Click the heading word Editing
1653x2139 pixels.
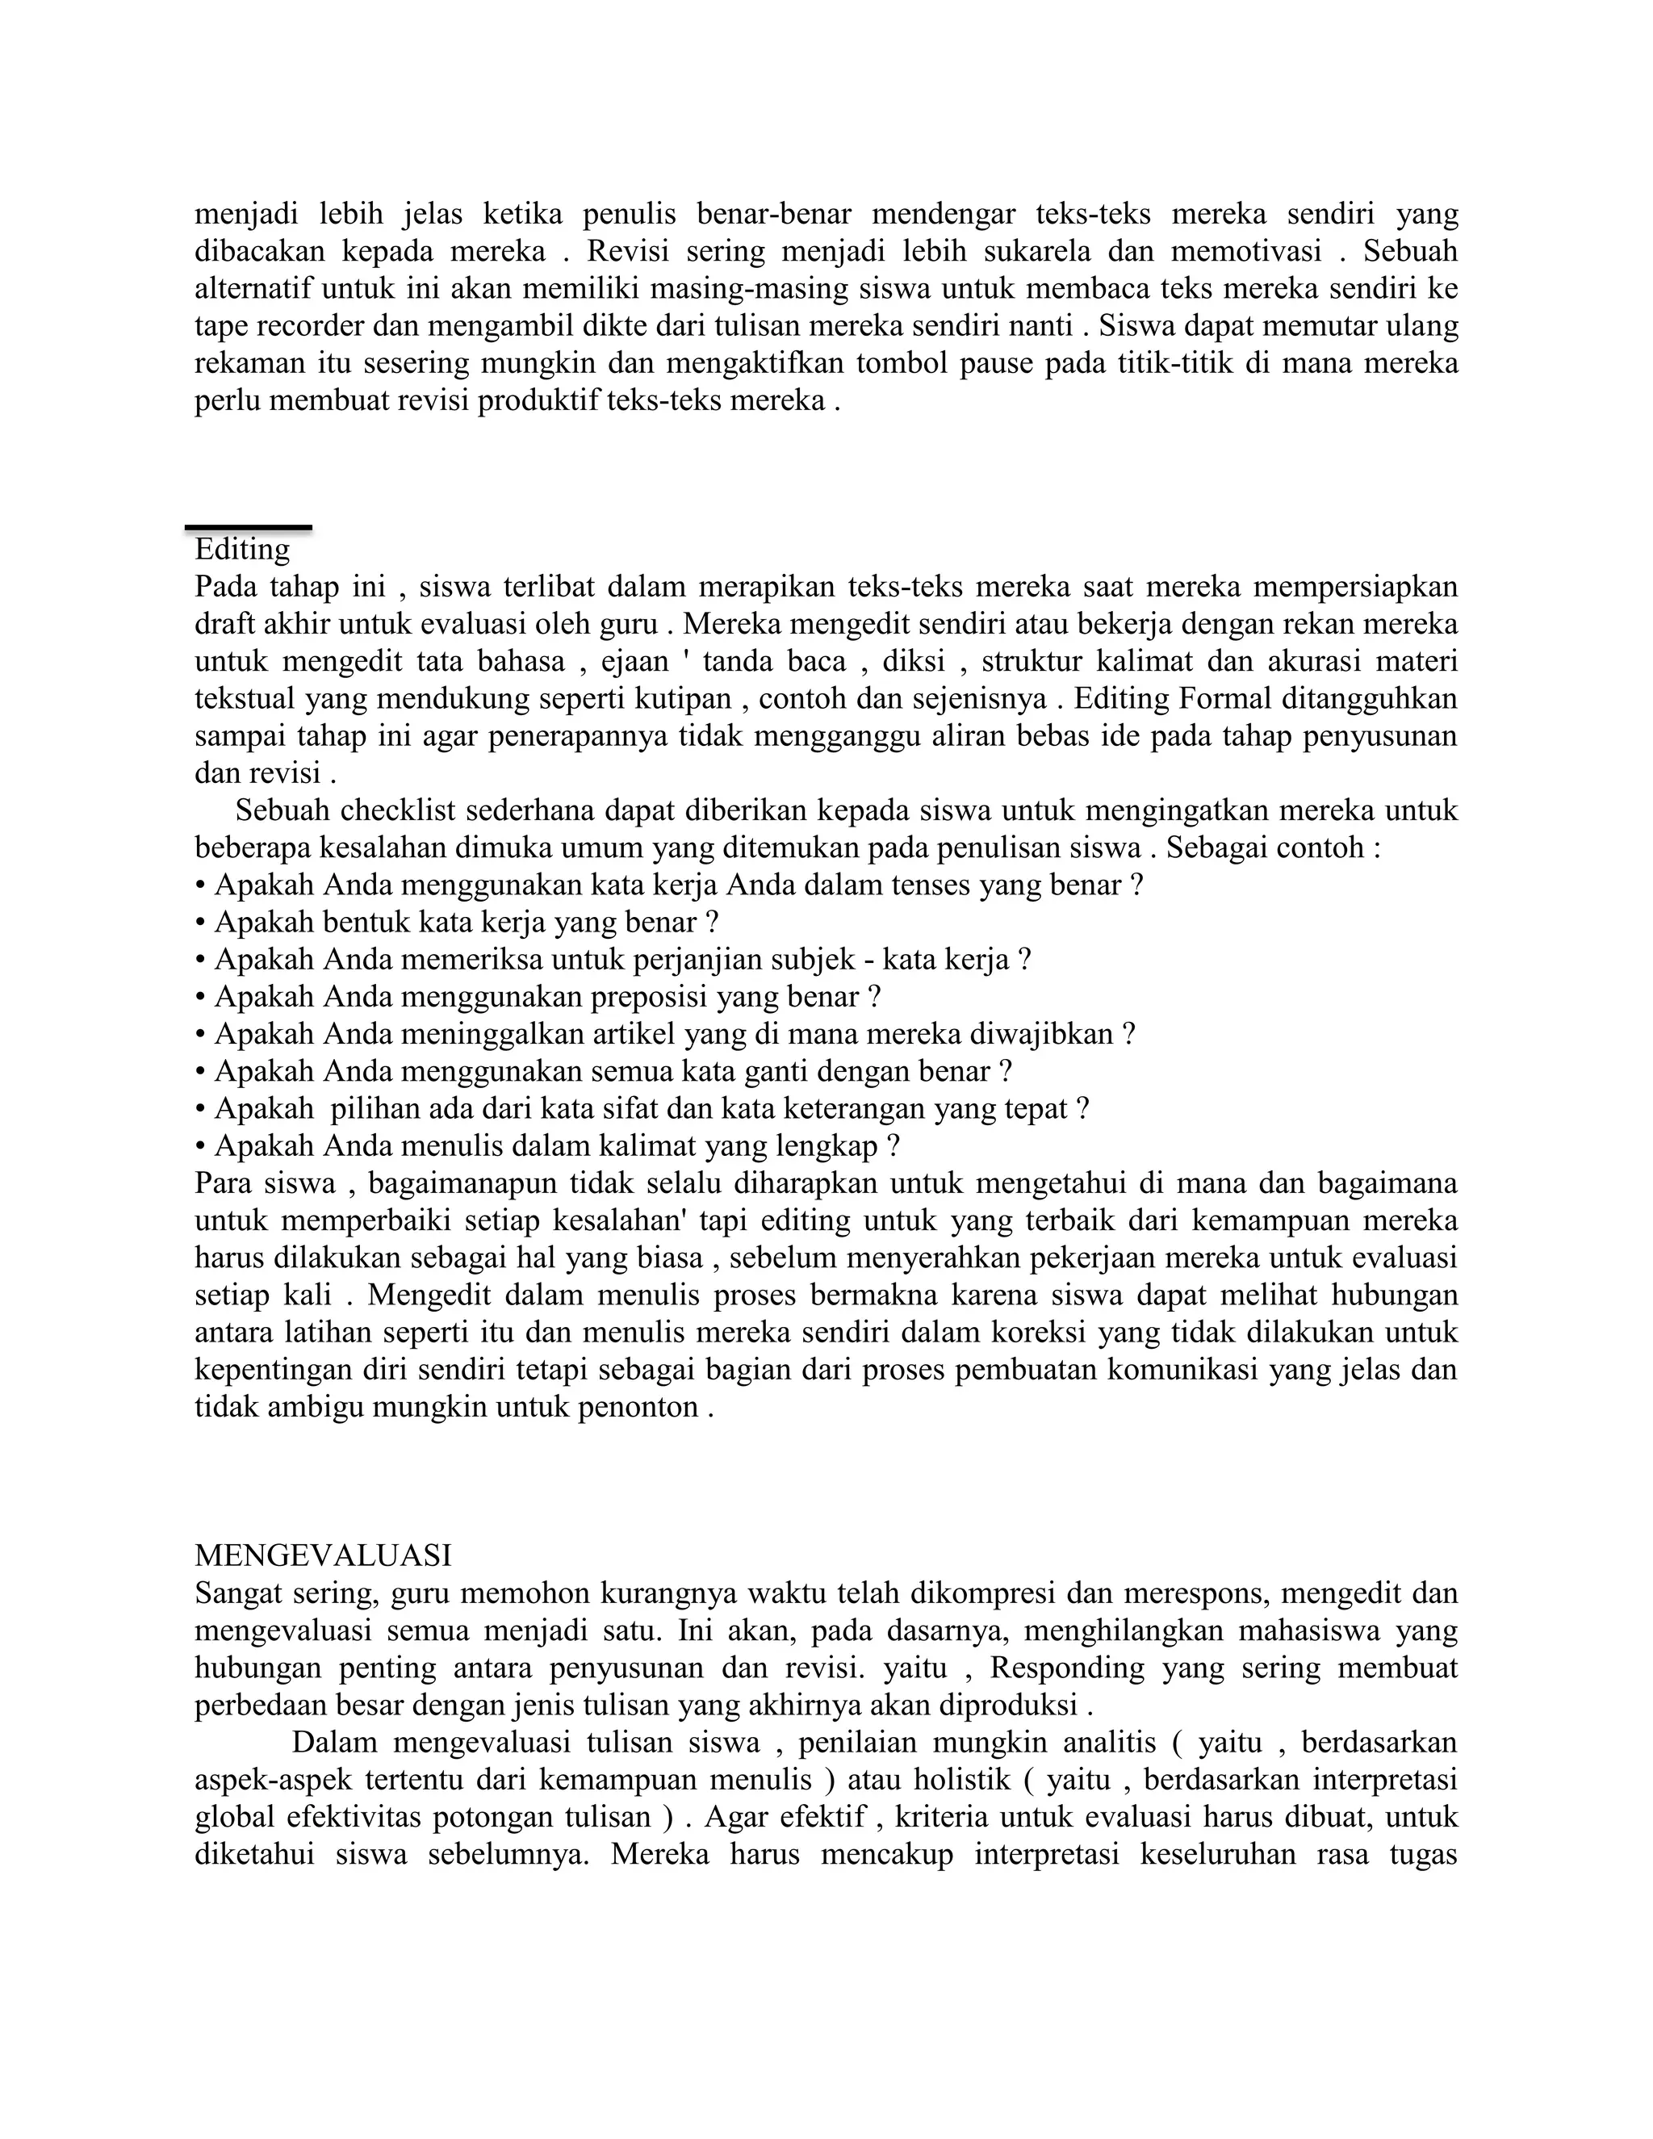pyautogui.click(x=242, y=550)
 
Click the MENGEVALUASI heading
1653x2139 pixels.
pyautogui.click(x=322, y=1555)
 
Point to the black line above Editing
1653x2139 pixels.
pyautogui.click(x=249, y=528)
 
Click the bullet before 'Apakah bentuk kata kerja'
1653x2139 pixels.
pyautogui.click(x=200, y=923)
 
